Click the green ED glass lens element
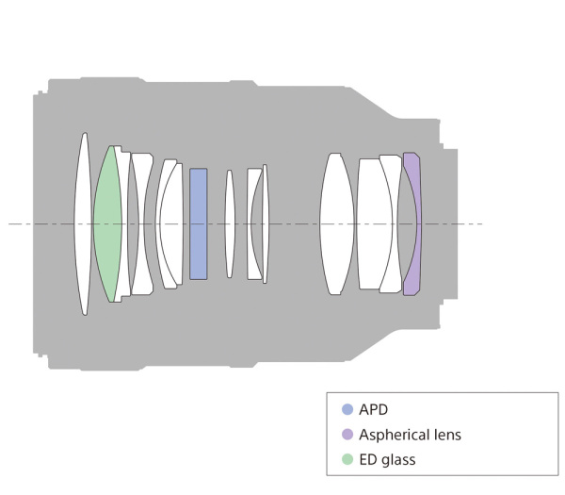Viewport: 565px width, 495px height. pyautogui.click(x=107, y=223)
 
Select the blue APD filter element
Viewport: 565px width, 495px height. pyautogui.click(x=199, y=223)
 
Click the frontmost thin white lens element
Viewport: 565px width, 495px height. pyautogui.click(x=84, y=223)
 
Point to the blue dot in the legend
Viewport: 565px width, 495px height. pyautogui.click(x=347, y=409)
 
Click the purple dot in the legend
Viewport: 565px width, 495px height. pyautogui.click(x=347, y=435)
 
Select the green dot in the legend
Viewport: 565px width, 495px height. pyautogui.click(x=347, y=459)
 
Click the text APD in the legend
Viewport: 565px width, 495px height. pyautogui.click(x=373, y=410)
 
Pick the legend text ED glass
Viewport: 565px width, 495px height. pyautogui.click(x=387, y=460)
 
